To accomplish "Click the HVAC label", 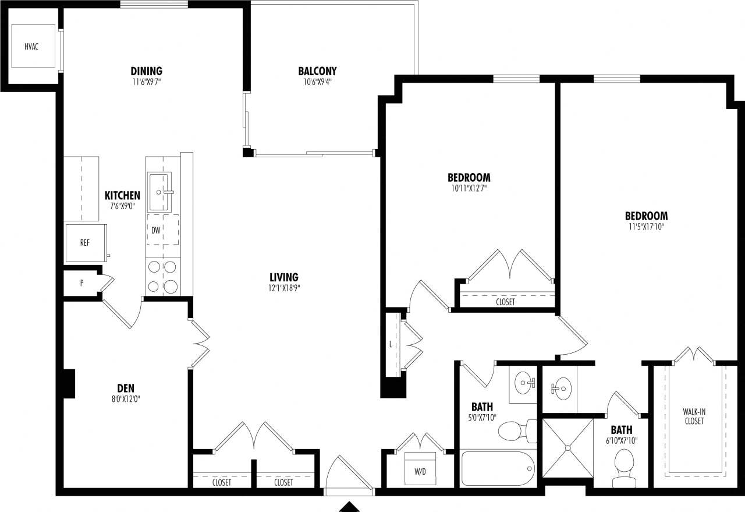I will point(31,47).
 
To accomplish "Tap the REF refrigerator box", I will point(85,242).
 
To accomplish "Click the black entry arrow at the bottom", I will point(350,506).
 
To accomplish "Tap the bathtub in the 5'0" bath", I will point(498,467).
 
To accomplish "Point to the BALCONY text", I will point(317,71).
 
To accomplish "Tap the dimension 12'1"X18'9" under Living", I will point(284,287).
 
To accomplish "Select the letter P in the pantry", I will point(81,284).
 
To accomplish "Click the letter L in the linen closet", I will point(391,344).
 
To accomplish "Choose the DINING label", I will point(146,71).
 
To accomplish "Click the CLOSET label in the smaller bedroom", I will point(505,302).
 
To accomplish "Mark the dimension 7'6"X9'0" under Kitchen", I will point(122,206).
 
